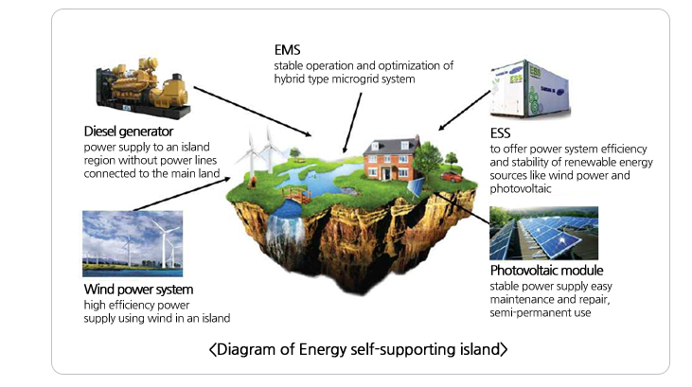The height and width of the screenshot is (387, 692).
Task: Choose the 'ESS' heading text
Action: point(501,132)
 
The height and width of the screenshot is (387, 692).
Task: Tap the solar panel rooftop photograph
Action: point(543,233)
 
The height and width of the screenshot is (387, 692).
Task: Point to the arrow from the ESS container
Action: point(464,107)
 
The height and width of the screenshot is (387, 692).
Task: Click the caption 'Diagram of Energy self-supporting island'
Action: point(359,350)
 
